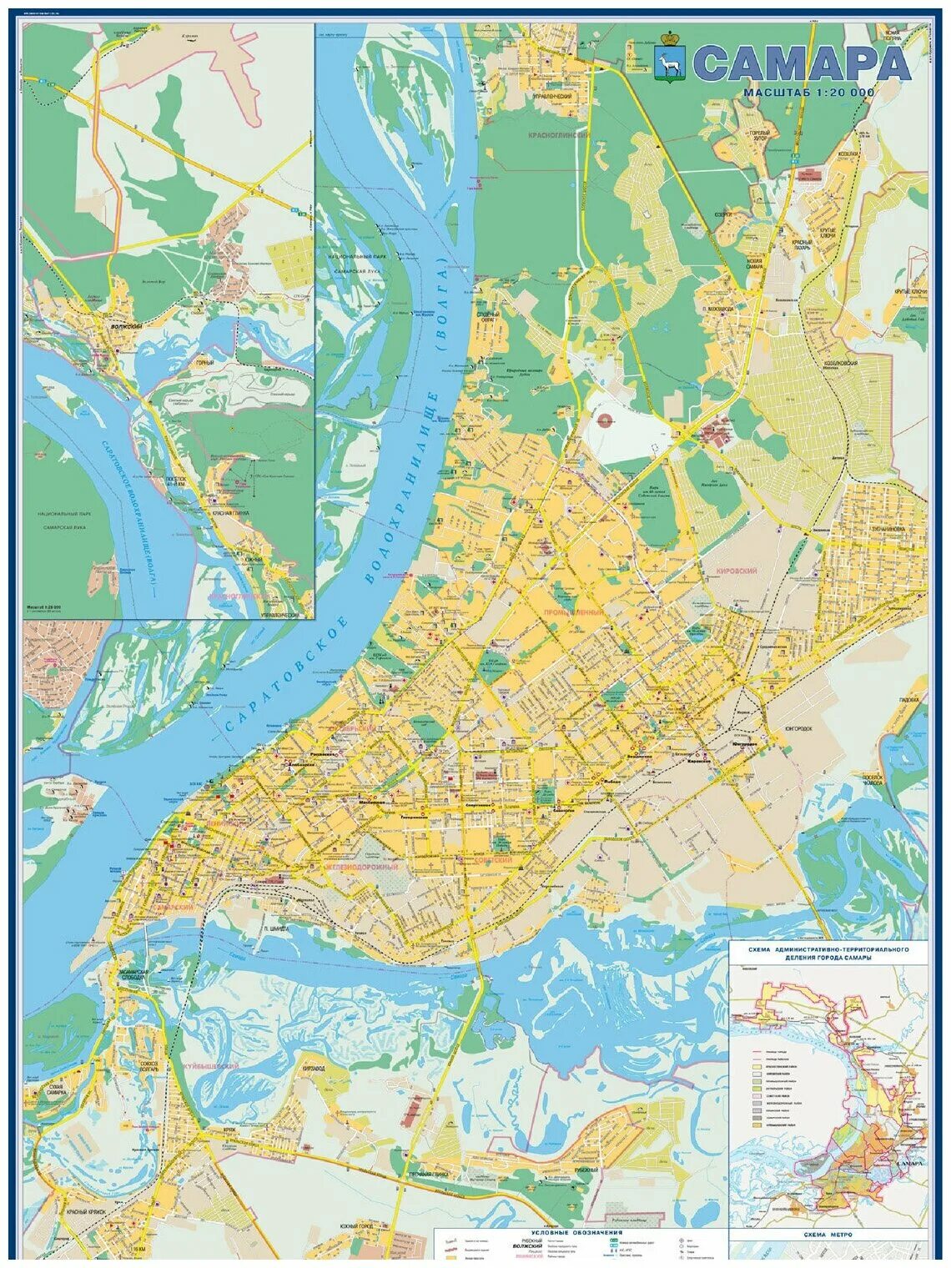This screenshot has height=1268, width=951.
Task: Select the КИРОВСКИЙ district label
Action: coord(736,570)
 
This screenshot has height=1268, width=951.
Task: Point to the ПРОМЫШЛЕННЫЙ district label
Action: coord(573,613)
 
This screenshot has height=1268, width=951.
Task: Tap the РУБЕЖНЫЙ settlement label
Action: coord(586,1169)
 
